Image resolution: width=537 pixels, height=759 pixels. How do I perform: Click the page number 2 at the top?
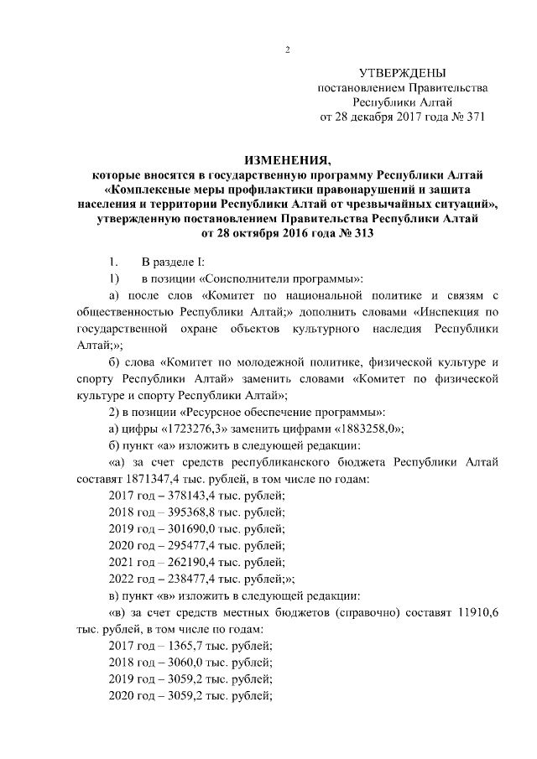point(287,49)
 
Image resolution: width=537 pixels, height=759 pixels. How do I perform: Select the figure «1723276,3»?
point(195,429)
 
